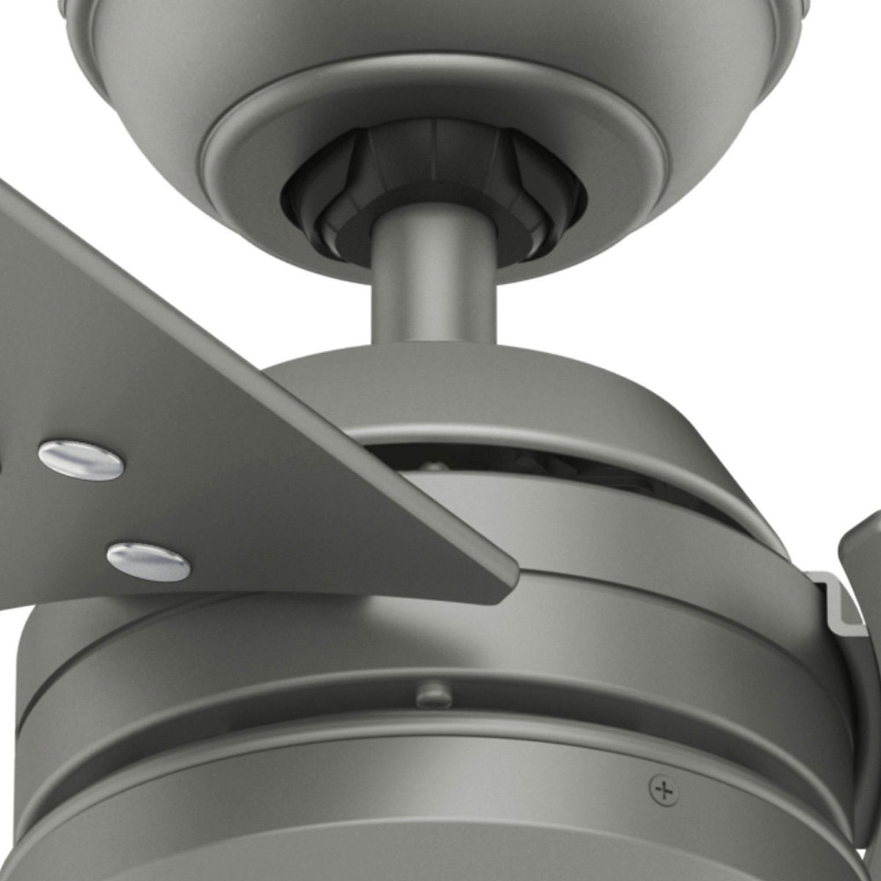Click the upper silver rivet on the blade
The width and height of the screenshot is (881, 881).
pyautogui.click(x=81, y=460)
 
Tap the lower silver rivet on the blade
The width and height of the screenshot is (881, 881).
pyautogui.click(x=148, y=562)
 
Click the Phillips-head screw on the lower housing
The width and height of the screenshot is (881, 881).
pyautogui.click(x=664, y=790)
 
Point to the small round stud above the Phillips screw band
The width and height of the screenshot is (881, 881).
pyautogui.click(x=434, y=695)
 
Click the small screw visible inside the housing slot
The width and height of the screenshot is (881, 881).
pyautogui.click(x=433, y=465)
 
